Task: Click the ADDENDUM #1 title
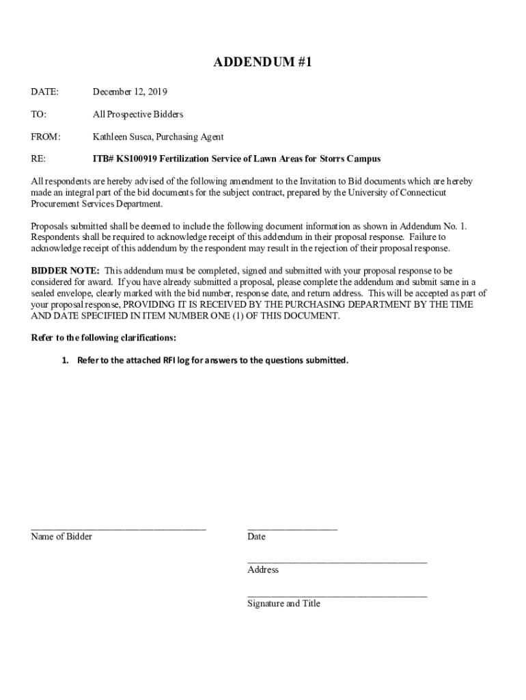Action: click(x=263, y=63)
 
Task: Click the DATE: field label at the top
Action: click(x=44, y=92)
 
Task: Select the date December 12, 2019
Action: click(x=130, y=92)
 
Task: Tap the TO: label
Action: click(x=38, y=114)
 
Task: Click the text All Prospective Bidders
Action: click(x=138, y=114)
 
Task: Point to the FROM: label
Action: click(x=46, y=137)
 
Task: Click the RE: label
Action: click(x=38, y=159)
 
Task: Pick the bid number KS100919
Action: click(x=135, y=159)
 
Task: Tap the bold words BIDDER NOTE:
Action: click(x=66, y=271)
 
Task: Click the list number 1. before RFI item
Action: click(x=66, y=360)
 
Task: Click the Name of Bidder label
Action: click(x=61, y=537)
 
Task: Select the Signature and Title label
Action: click(x=283, y=604)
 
